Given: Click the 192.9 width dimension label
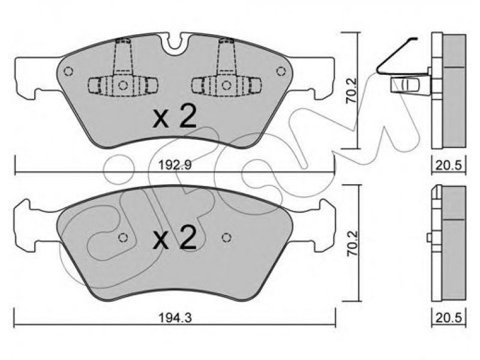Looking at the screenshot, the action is [175, 165].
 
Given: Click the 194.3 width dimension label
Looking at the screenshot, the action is [175, 318].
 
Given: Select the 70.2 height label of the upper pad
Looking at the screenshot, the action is [351, 91].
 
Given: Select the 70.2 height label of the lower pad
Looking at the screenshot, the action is [351, 244].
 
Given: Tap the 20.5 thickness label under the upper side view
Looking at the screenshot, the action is [449, 165].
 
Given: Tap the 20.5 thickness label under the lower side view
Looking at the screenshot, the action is [449, 318].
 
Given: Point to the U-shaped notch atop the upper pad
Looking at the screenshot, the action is [175, 44].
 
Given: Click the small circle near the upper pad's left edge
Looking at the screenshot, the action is [68, 71].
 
